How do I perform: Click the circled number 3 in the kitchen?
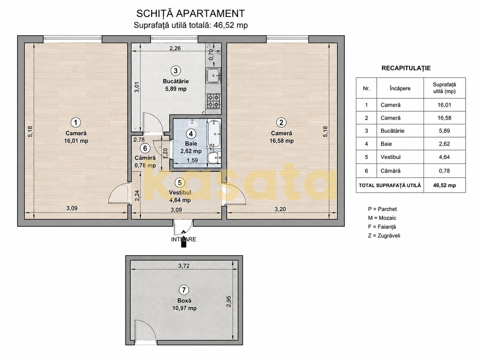point(175,71)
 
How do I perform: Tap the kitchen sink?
point(213,76)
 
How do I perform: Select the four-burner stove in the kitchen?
point(213,101)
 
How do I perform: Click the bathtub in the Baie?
point(214,134)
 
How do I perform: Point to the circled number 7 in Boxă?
point(184,290)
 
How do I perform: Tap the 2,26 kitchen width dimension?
point(175,48)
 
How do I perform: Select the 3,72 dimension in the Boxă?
point(184,266)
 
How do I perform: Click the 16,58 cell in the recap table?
point(444,118)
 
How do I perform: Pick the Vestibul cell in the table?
point(390,157)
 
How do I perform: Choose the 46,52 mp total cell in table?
point(444,185)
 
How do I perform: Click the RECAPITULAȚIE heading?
point(406,68)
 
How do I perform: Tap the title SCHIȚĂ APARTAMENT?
point(190,14)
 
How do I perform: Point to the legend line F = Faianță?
point(382,227)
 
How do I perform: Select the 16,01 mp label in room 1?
point(76,141)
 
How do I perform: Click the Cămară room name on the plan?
point(145,158)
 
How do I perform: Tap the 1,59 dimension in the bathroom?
point(192,160)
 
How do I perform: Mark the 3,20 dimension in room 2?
point(280,209)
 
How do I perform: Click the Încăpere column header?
point(400,88)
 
